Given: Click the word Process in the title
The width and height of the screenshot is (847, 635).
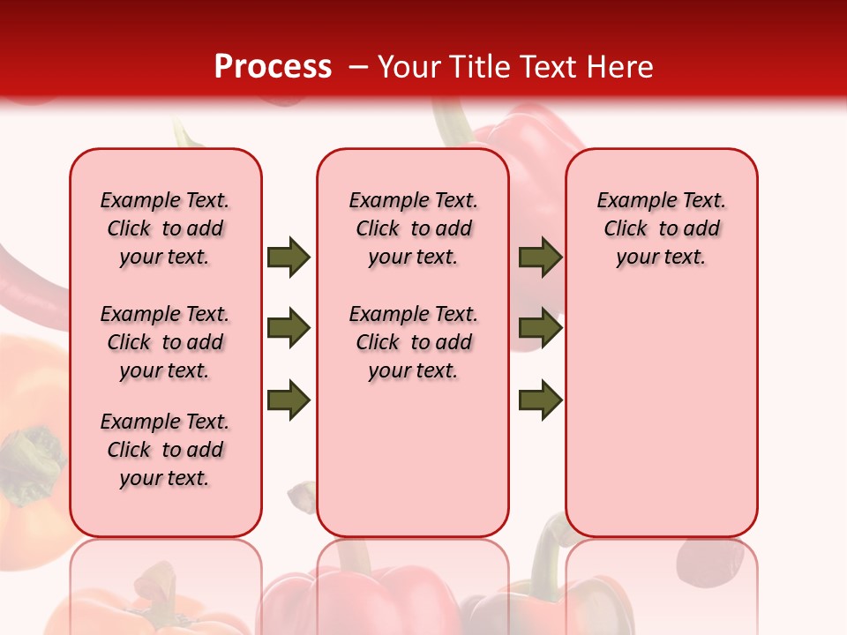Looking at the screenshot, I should (x=273, y=66).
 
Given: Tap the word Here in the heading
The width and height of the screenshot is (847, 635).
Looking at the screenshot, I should (x=622, y=66).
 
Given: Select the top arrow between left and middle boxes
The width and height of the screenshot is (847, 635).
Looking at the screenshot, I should (x=289, y=257).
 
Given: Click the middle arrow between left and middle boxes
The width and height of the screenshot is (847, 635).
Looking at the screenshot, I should (x=289, y=329).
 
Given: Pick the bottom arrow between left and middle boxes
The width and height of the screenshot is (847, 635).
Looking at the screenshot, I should (x=289, y=400).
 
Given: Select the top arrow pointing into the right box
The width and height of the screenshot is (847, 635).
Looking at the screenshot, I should (x=540, y=257).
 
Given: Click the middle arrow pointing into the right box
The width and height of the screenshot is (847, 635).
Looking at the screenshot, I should (x=540, y=329).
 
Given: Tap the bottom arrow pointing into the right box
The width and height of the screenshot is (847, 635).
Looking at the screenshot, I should (x=540, y=400).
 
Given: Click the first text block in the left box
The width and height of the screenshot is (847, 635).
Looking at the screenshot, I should (x=165, y=228).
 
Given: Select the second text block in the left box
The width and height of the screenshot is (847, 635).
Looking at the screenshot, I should (x=165, y=342).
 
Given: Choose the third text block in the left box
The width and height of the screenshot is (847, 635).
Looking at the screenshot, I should (x=165, y=450).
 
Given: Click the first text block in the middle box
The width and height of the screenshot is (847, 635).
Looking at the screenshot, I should (x=413, y=228).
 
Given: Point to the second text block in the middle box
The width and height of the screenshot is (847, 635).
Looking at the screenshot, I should (x=413, y=342).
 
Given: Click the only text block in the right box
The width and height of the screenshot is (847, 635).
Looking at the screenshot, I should (x=661, y=228).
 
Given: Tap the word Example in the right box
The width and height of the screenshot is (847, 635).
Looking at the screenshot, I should (x=630, y=200).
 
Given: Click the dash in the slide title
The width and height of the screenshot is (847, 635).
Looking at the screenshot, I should (x=359, y=67).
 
